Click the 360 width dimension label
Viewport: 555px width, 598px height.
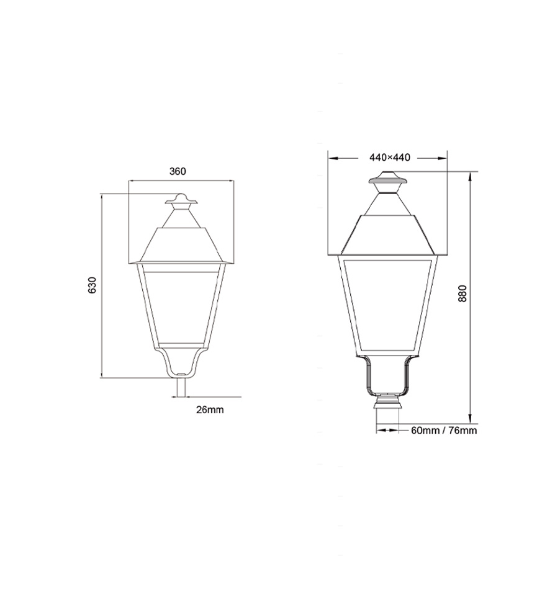point(178,171)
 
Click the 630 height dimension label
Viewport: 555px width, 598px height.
point(92,285)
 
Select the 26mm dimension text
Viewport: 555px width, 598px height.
point(210,409)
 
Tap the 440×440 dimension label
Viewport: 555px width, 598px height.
point(390,157)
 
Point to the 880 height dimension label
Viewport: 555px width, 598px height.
point(463,293)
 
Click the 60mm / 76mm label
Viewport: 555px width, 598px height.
point(444,430)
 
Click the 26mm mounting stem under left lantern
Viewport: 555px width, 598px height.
point(181,387)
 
